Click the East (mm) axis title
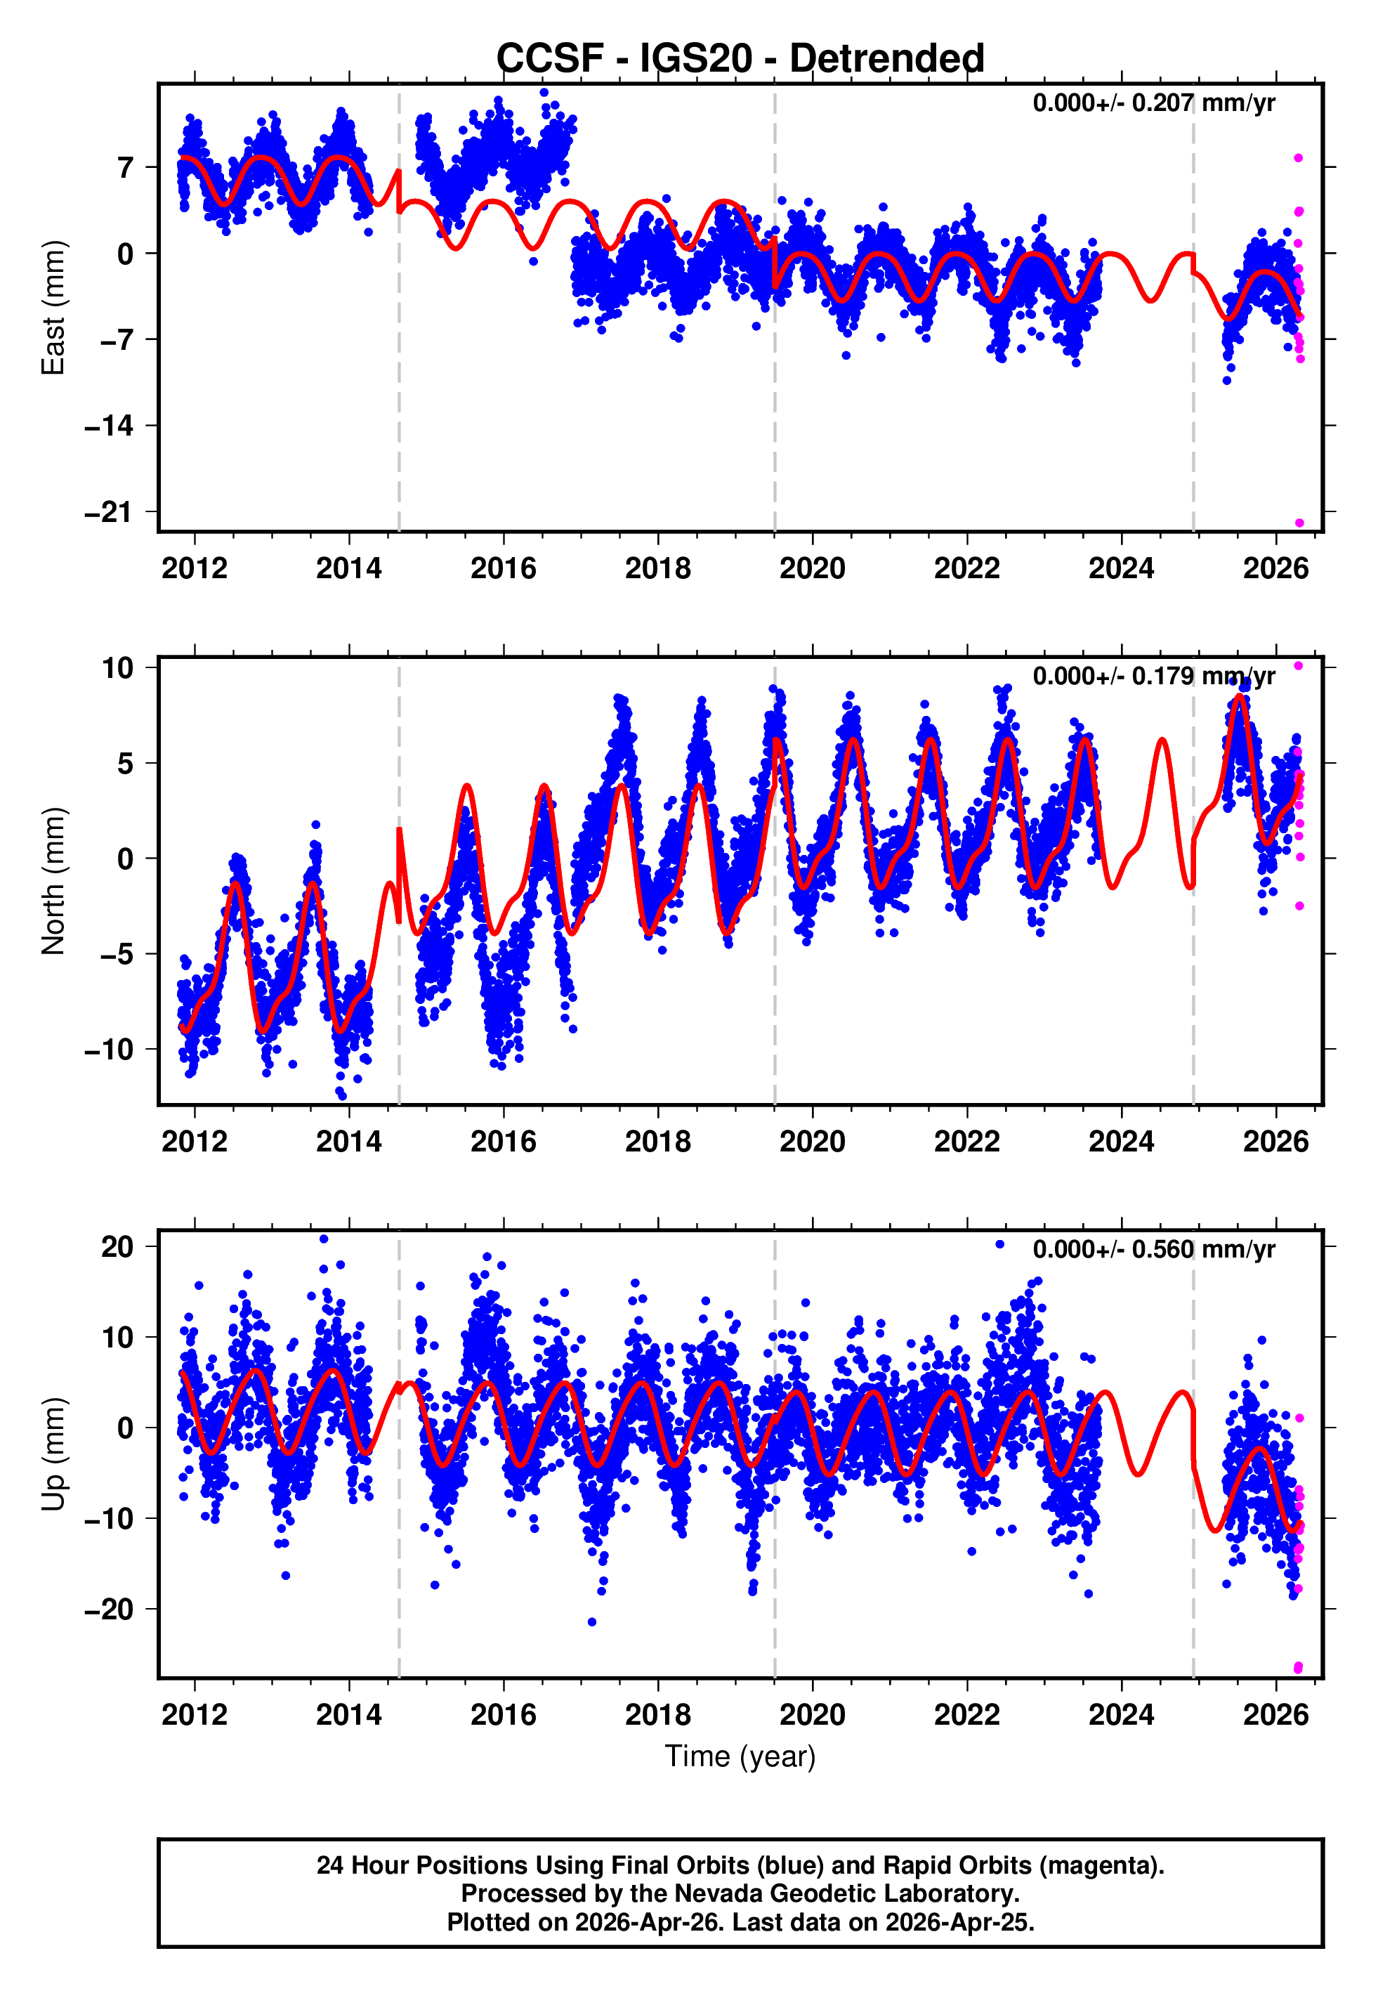pyautogui.click(x=53, y=308)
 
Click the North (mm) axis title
pyautogui.click(x=53, y=881)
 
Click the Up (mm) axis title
pyautogui.click(x=53, y=1454)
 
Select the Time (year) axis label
pyautogui.click(x=740, y=1756)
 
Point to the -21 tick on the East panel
pyautogui.click(x=109, y=512)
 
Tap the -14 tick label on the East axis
pyautogui.click(x=109, y=426)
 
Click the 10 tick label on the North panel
pyautogui.click(x=117, y=667)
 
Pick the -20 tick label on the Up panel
pyautogui.click(x=109, y=1610)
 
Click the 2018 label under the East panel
pyautogui.click(x=658, y=568)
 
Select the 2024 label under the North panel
pyautogui.click(x=1121, y=1142)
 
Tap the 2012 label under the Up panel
pyautogui.click(x=195, y=1715)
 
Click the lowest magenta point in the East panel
pyautogui.click(x=1299, y=523)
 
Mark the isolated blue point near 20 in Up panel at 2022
pyautogui.click(x=1000, y=1244)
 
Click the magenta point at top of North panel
pyautogui.click(x=1298, y=666)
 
